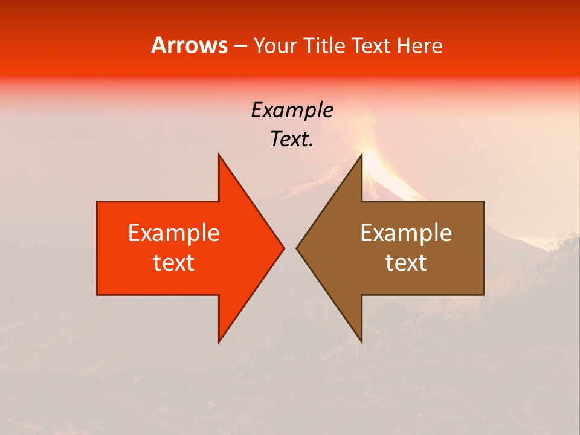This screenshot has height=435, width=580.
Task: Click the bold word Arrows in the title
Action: pos(189,46)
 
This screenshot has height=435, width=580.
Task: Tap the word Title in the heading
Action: pos(326,46)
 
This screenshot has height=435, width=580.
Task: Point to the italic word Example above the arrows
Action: pos(292,110)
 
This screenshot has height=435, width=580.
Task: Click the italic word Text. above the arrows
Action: pos(292,140)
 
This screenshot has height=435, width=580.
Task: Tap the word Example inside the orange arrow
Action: pos(174,233)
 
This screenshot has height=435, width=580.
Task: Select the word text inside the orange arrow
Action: pos(174,263)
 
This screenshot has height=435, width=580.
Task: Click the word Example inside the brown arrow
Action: pos(406,233)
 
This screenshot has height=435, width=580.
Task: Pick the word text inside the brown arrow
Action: pos(406,263)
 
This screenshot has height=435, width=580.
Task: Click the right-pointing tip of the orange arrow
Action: pos(283,248)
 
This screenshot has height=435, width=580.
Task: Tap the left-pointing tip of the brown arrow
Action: pos(298,248)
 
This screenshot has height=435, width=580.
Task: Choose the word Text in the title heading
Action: pos(372,46)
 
